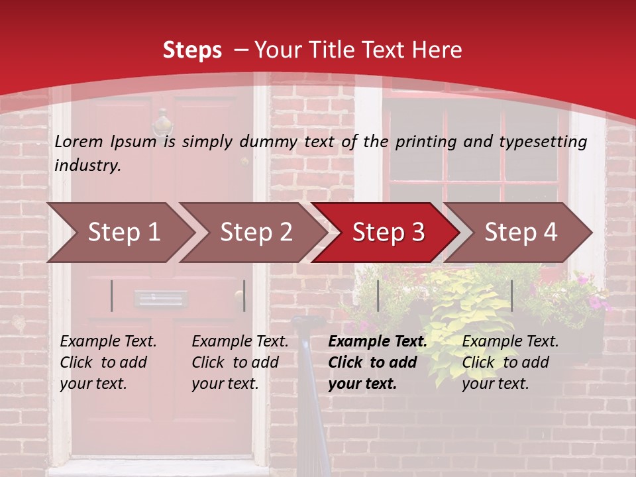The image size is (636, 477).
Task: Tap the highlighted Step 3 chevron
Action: coord(386,233)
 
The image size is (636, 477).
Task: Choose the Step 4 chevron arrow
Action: coord(519,233)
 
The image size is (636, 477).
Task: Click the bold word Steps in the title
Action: coord(192,50)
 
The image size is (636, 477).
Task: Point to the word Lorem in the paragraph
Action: coord(79,141)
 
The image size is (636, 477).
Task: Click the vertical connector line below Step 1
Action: coord(112,295)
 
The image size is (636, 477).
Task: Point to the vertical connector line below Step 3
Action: coord(378,295)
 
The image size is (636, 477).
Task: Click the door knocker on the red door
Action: coord(162,123)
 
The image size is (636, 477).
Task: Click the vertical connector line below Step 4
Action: coord(512,295)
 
